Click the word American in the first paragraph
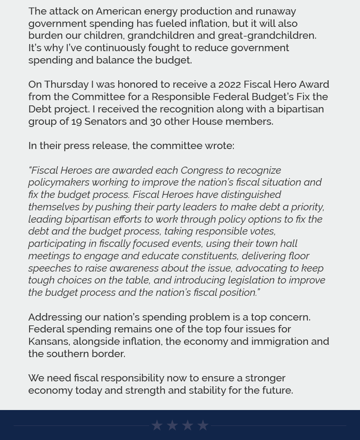click(x=119, y=11)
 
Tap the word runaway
click(x=276, y=11)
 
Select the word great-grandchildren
click(x=266, y=35)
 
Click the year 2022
click(x=229, y=84)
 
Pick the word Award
click(x=314, y=84)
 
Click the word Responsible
click(x=180, y=97)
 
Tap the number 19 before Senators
click(x=76, y=121)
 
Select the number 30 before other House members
click(x=156, y=121)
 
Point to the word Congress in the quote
click(x=202, y=170)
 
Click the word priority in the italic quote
click(x=307, y=207)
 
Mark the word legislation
click(x=251, y=280)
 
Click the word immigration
click(x=280, y=341)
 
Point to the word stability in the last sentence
click(x=207, y=390)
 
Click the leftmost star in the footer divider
click(x=157, y=425)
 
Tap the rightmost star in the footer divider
click(x=203, y=425)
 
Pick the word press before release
click(x=76, y=145)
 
